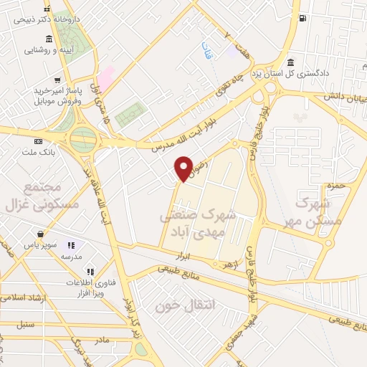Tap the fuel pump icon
click(304, 17)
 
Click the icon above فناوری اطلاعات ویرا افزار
click(90, 272)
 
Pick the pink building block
click(105, 77)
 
